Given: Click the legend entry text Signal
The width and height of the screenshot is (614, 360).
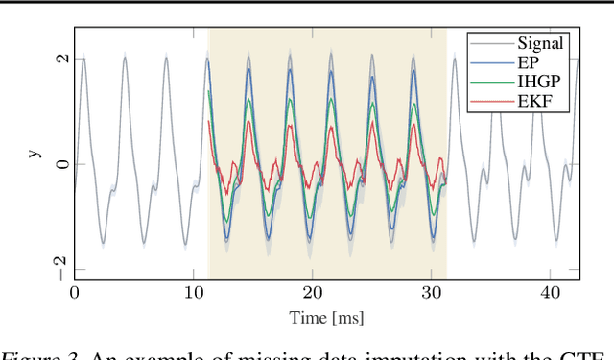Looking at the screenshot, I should click(x=540, y=42).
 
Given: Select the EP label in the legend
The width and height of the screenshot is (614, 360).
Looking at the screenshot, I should click(x=528, y=62).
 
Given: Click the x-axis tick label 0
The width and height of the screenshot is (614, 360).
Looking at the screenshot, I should click(x=75, y=293).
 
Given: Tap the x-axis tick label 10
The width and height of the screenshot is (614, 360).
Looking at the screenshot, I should click(x=193, y=293).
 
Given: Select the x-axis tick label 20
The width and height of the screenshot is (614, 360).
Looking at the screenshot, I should click(x=312, y=293).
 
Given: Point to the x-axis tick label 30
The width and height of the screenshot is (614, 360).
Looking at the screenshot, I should click(x=431, y=293).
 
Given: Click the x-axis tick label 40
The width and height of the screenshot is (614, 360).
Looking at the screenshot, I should click(x=550, y=293).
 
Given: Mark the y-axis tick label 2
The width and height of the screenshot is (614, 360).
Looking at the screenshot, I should click(x=61, y=59).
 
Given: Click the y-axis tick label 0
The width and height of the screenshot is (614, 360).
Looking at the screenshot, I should click(x=61, y=164).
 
